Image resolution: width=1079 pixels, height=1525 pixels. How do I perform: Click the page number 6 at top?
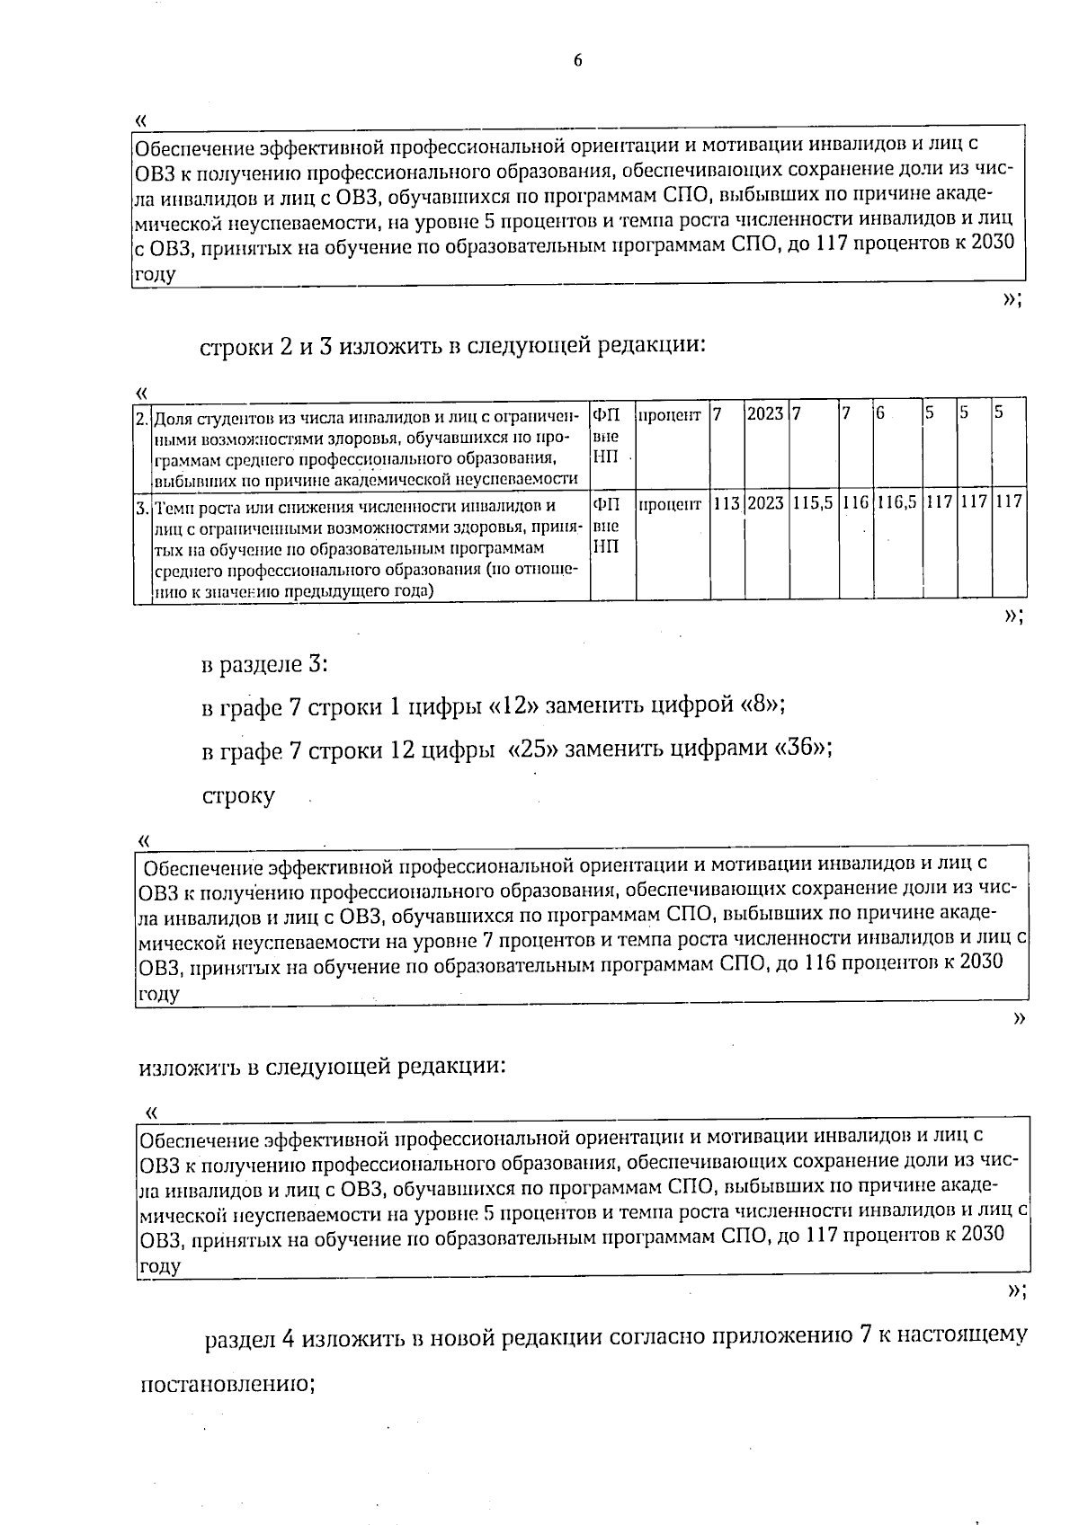(x=577, y=61)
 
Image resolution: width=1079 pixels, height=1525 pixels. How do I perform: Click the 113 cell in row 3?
(x=726, y=502)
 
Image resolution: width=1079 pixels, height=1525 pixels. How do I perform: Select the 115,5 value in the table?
(x=813, y=502)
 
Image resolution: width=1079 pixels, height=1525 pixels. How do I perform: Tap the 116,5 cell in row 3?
(x=896, y=502)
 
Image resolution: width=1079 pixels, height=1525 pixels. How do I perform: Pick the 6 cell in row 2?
(x=880, y=414)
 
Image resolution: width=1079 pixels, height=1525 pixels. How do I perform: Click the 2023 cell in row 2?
(x=765, y=414)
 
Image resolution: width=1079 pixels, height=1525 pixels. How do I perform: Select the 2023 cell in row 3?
(x=765, y=502)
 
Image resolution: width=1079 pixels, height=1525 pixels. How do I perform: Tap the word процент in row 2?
(x=670, y=414)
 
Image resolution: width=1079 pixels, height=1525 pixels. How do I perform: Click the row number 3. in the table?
(x=142, y=508)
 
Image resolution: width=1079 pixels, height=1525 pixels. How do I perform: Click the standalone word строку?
(x=238, y=796)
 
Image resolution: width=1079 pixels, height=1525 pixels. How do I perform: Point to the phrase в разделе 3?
(x=264, y=665)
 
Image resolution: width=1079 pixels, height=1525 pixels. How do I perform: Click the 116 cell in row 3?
(x=855, y=502)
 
